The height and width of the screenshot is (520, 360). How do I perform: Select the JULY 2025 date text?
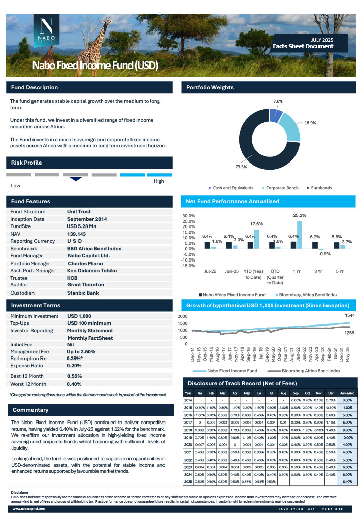(322, 40)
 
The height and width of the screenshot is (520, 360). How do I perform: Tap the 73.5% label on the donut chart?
(241, 167)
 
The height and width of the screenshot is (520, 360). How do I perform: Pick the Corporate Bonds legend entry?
(280, 188)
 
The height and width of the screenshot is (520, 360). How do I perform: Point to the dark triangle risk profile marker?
(76, 179)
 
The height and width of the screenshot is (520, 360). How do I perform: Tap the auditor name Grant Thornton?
(85, 285)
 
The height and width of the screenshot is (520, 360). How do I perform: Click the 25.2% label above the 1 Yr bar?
(300, 216)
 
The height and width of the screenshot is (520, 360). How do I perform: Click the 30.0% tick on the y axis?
(188, 216)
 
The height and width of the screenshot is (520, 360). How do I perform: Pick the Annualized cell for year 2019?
(347, 437)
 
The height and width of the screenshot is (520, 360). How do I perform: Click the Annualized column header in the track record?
(347, 393)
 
